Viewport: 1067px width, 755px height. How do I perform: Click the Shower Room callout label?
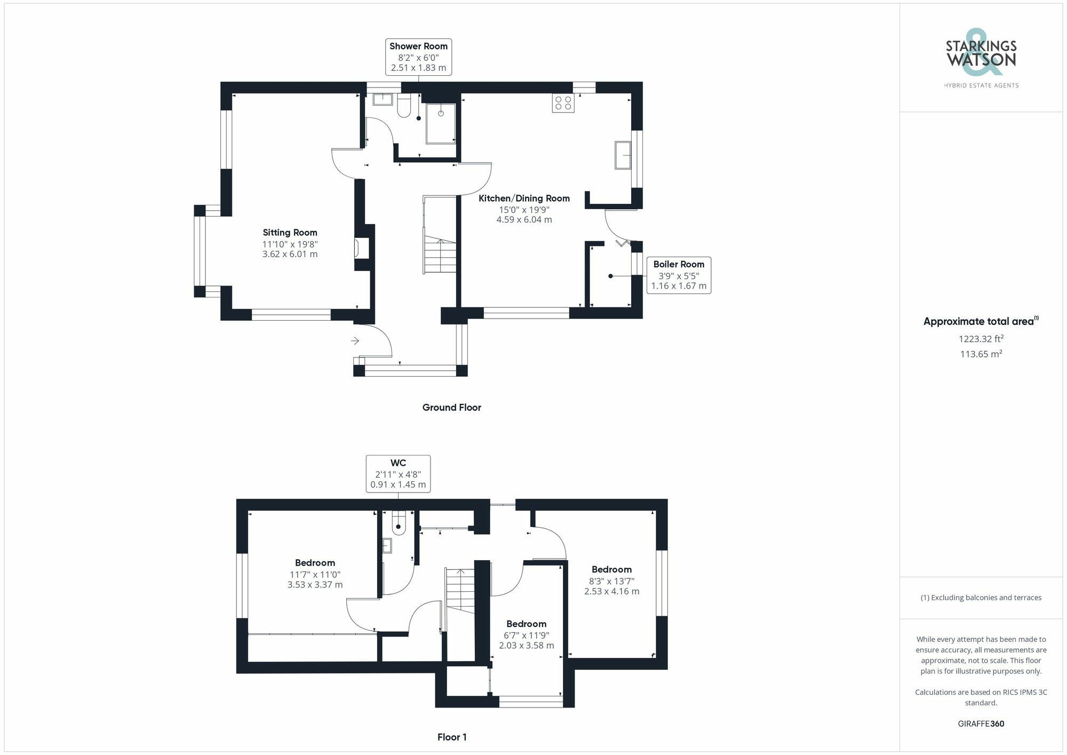pos(418,57)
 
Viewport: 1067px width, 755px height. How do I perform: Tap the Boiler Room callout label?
pos(679,275)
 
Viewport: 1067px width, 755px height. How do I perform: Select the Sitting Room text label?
pos(290,233)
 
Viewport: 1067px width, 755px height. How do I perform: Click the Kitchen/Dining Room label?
pos(524,198)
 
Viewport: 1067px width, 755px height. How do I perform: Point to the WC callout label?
pos(398,473)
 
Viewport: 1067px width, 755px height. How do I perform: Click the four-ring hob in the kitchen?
pos(563,103)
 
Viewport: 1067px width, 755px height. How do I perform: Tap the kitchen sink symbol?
pos(623,155)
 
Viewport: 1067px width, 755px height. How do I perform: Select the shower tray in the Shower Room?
pos(441,123)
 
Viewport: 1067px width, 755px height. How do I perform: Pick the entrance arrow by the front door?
pos(355,341)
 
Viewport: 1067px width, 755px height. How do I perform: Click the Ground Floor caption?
pos(451,408)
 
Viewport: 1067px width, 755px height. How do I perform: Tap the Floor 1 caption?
pos(452,737)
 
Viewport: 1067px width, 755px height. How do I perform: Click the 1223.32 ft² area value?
pos(981,339)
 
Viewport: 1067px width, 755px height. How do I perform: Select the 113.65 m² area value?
pos(981,354)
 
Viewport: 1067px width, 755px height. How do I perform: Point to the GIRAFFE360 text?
pos(981,724)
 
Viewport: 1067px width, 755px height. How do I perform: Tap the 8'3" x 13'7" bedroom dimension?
pos(611,581)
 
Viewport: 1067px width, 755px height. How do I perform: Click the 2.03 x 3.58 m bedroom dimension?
pos(526,646)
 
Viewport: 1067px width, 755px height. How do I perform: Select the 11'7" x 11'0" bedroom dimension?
pos(315,575)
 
